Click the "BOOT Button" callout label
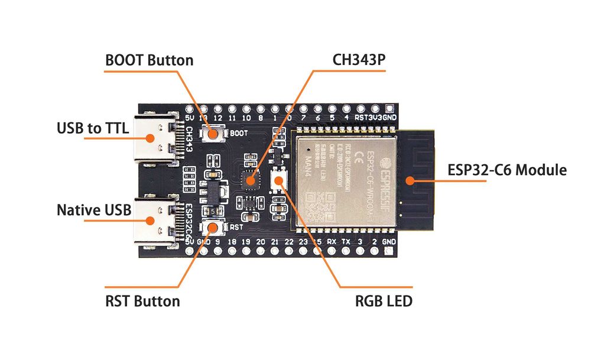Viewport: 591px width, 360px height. coord(149,60)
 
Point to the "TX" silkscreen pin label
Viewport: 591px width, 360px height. coord(346,242)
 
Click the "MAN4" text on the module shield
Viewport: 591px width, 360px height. coord(309,161)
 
